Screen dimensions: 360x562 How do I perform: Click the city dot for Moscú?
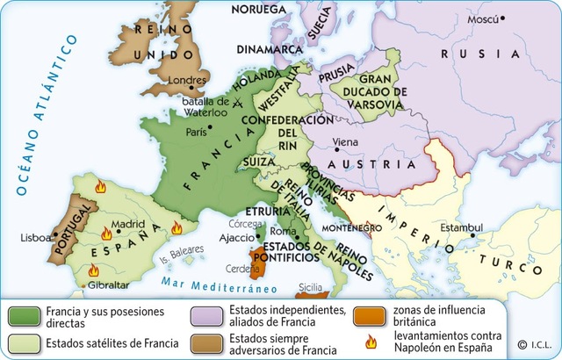tap(503, 18)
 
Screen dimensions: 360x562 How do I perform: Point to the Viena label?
tap(345, 141)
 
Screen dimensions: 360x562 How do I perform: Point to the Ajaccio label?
tap(235, 237)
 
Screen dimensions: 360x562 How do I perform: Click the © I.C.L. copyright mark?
tap(535, 343)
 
